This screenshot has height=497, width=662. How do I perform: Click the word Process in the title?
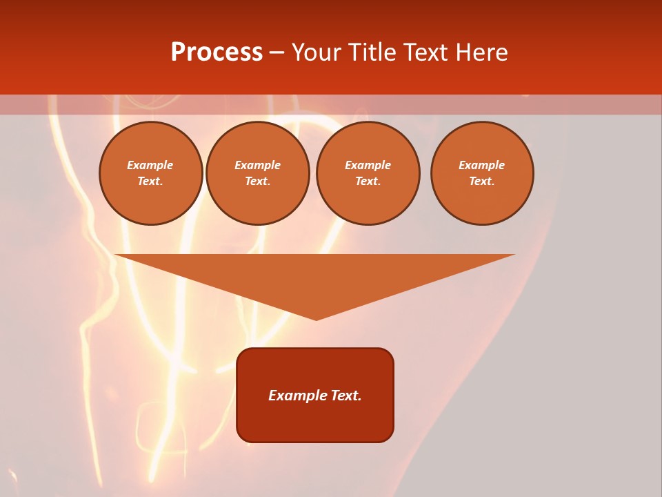click(217, 52)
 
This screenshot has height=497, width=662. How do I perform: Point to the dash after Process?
click(277, 53)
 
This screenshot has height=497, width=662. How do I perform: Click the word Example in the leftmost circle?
click(150, 165)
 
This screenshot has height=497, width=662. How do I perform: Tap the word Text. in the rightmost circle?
click(482, 181)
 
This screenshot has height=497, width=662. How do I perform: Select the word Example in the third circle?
click(368, 165)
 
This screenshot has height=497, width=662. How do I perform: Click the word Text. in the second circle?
click(258, 181)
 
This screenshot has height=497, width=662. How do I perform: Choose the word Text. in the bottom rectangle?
click(345, 396)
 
